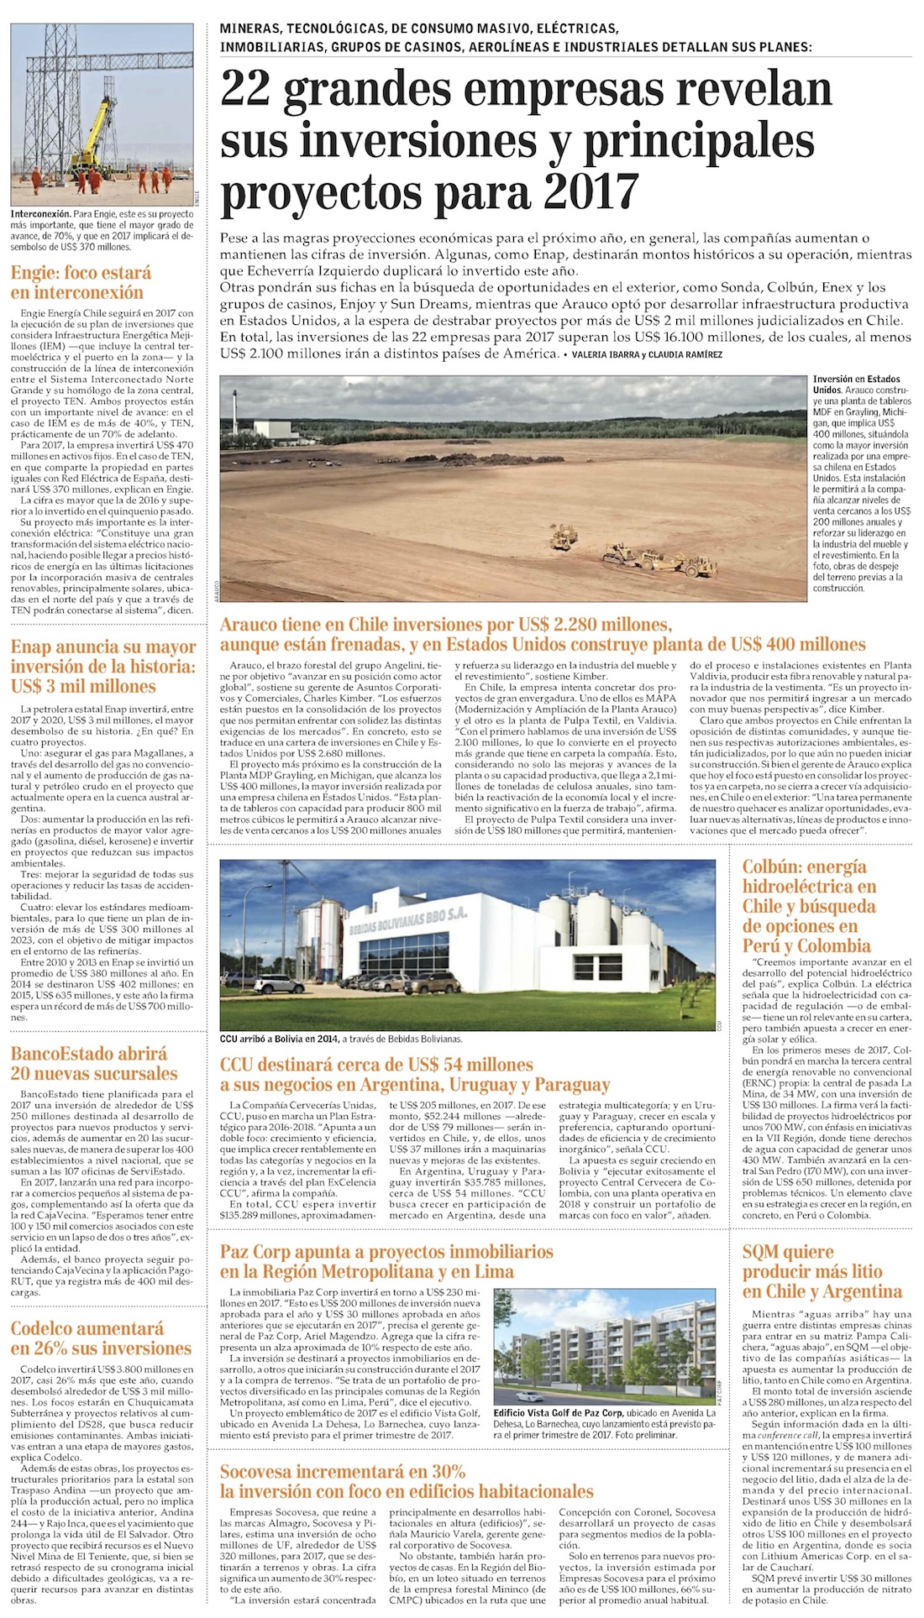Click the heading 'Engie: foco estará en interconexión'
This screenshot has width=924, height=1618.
(81, 283)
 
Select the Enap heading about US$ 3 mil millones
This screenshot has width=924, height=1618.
(103, 667)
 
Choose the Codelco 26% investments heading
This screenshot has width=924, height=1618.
(101, 1338)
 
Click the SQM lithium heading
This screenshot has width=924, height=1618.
(822, 1271)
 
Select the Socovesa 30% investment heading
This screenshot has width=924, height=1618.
(407, 1481)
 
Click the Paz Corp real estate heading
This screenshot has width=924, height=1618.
(386, 1261)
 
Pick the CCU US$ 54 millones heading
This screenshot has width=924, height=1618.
(415, 1075)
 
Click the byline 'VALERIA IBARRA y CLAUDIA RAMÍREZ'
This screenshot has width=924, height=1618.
(644, 355)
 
